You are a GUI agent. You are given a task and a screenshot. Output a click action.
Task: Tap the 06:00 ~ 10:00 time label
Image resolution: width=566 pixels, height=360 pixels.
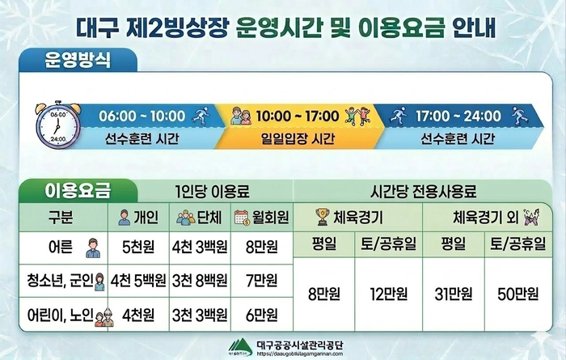point(141,116)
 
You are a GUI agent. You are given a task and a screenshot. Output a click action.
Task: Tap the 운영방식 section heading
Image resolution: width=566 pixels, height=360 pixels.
point(78,58)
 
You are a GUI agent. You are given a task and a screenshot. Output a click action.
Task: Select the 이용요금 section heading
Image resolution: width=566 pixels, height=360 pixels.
point(78,192)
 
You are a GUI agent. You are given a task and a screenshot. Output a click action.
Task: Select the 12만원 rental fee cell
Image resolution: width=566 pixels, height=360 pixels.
point(389,293)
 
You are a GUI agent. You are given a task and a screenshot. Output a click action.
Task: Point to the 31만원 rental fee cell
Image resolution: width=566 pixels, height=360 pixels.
point(452,293)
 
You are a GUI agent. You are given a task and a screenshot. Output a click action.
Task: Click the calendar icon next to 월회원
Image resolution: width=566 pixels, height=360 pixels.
point(242,218)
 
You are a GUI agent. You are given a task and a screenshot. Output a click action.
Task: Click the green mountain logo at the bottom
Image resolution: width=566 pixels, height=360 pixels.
point(241,345)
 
